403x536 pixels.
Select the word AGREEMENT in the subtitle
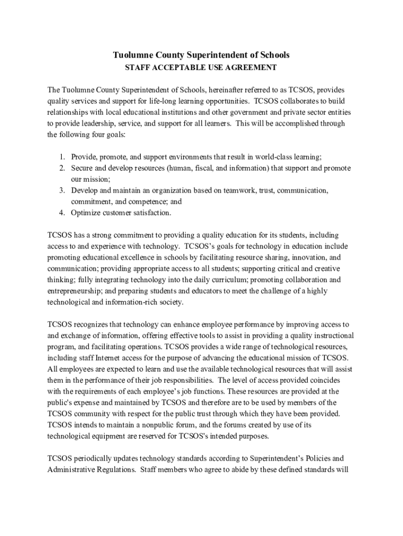(x=251, y=68)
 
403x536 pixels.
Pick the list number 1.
(x=61, y=157)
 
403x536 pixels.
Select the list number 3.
(x=61, y=190)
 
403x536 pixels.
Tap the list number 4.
(x=61, y=213)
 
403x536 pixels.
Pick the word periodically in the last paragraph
(x=96, y=459)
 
